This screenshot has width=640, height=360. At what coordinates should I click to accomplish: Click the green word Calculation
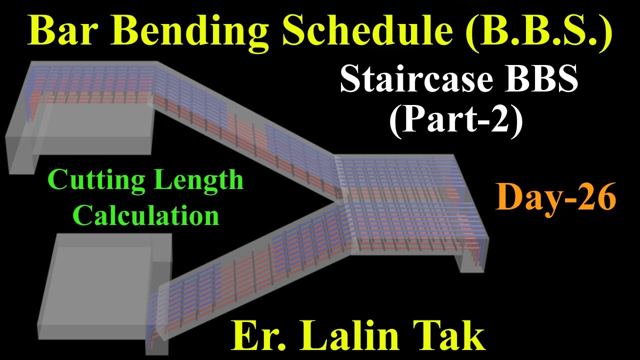click(145, 215)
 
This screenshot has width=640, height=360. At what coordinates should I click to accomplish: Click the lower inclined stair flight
click(250, 270)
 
